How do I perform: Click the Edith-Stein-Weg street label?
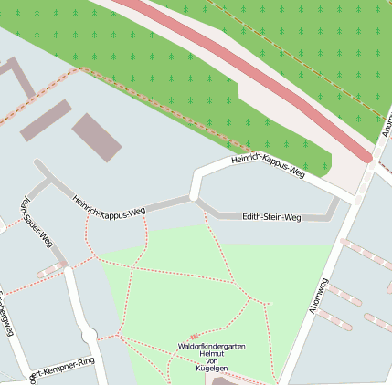coord(271,217)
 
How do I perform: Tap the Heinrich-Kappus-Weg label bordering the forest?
coord(268,165)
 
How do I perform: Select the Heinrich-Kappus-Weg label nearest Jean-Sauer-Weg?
coord(109,206)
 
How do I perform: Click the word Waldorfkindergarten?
coord(212,348)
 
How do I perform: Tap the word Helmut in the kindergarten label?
coord(212,355)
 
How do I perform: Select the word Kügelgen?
coord(212,369)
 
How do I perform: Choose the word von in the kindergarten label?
coord(212,362)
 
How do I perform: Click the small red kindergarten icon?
coord(192,337)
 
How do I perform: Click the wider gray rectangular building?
coord(97,138)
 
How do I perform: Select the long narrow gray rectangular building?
coord(46,120)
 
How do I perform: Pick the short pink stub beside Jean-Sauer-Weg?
coord(51,270)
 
